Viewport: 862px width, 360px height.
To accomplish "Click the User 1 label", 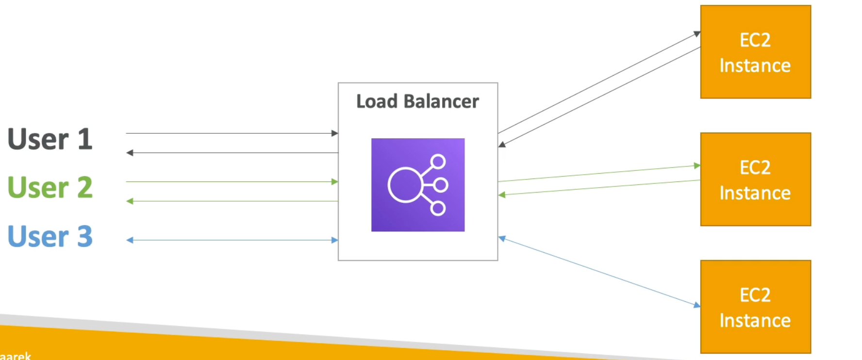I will [x=50, y=139].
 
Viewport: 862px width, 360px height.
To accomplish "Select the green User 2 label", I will [x=50, y=188].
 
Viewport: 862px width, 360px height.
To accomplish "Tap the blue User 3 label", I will [x=50, y=236].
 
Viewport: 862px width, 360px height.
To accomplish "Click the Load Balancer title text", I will [x=417, y=101].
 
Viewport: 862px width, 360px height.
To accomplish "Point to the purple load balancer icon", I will [x=417, y=185].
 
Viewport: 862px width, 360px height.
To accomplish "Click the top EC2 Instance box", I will [x=755, y=52].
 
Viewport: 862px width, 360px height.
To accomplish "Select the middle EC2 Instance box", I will [x=755, y=179].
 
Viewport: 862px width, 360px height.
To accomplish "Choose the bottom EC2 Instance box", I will [x=755, y=307].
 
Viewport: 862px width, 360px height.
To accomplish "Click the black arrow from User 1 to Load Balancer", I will [x=232, y=133].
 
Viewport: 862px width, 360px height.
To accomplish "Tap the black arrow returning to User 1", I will [x=232, y=153].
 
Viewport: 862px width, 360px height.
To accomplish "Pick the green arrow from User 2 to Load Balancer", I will [x=232, y=181].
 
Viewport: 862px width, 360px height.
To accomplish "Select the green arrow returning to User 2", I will [x=232, y=201].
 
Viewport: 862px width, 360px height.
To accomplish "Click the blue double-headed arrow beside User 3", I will [x=232, y=240].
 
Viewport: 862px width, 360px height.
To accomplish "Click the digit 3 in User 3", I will [x=84, y=236].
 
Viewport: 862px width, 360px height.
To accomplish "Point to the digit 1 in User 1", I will [x=84, y=139].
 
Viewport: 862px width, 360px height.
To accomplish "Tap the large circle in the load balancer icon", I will [x=405, y=185].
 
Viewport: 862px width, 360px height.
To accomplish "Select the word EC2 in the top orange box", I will [x=755, y=40].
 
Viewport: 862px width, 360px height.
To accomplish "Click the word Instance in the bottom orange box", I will [x=755, y=321].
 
